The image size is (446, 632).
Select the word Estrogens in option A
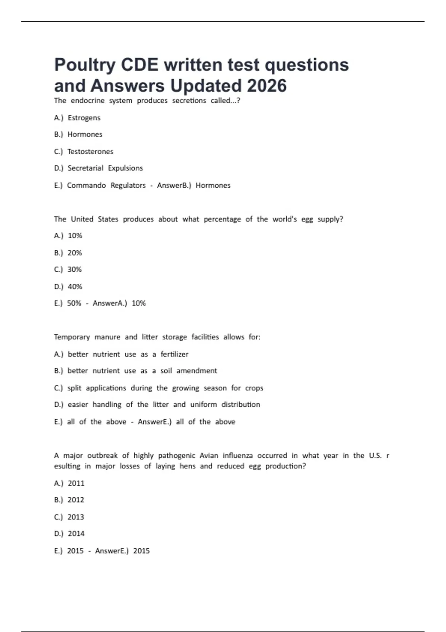click(84, 118)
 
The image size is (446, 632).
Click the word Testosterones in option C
click(90, 152)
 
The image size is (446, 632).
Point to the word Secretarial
click(85, 168)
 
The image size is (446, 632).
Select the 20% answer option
click(74, 253)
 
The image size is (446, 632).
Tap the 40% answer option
click(75, 287)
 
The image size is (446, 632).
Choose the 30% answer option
click(74, 270)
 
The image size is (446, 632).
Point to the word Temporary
click(72, 337)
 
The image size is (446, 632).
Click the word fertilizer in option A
click(174, 354)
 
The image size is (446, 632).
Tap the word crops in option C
click(254, 388)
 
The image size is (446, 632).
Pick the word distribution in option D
click(241, 404)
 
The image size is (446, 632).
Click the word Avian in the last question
click(209, 455)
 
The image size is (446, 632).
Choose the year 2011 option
click(76, 483)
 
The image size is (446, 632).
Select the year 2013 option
click(76, 517)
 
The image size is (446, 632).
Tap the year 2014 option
click(76, 533)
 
